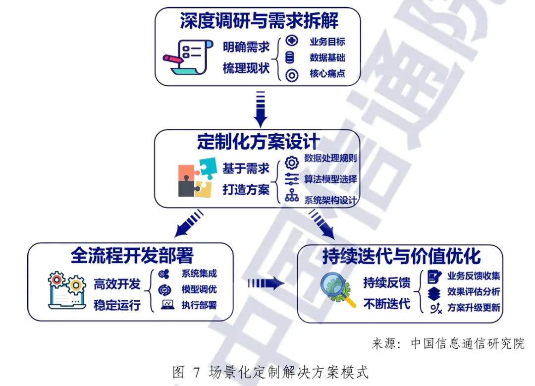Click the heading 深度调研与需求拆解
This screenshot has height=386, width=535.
click(260, 21)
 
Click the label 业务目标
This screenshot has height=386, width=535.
click(327, 42)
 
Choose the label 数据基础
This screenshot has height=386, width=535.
click(327, 57)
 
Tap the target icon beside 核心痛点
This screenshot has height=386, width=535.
click(292, 75)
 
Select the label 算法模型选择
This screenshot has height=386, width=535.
click(330, 179)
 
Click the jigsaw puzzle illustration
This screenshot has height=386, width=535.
click(197, 177)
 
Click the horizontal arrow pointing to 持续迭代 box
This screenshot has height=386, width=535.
click(266, 283)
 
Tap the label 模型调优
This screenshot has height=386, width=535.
click(199, 289)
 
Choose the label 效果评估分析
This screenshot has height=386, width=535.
click(474, 291)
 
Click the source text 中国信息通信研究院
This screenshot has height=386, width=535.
click(468, 344)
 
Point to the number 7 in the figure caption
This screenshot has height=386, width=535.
click(197, 372)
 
